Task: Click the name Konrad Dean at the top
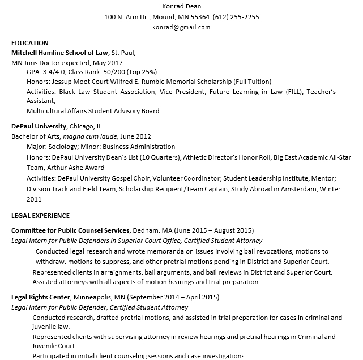(x=181, y=6)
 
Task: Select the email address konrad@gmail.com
(x=181, y=27)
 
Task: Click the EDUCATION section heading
(x=30, y=43)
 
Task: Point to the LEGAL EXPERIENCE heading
(x=41, y=216)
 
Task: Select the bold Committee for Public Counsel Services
(x=71, y=231)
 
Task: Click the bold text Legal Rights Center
(x=41, y=297)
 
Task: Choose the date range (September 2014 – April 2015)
(x=173, y=297)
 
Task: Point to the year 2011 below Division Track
(x=34, y=199)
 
